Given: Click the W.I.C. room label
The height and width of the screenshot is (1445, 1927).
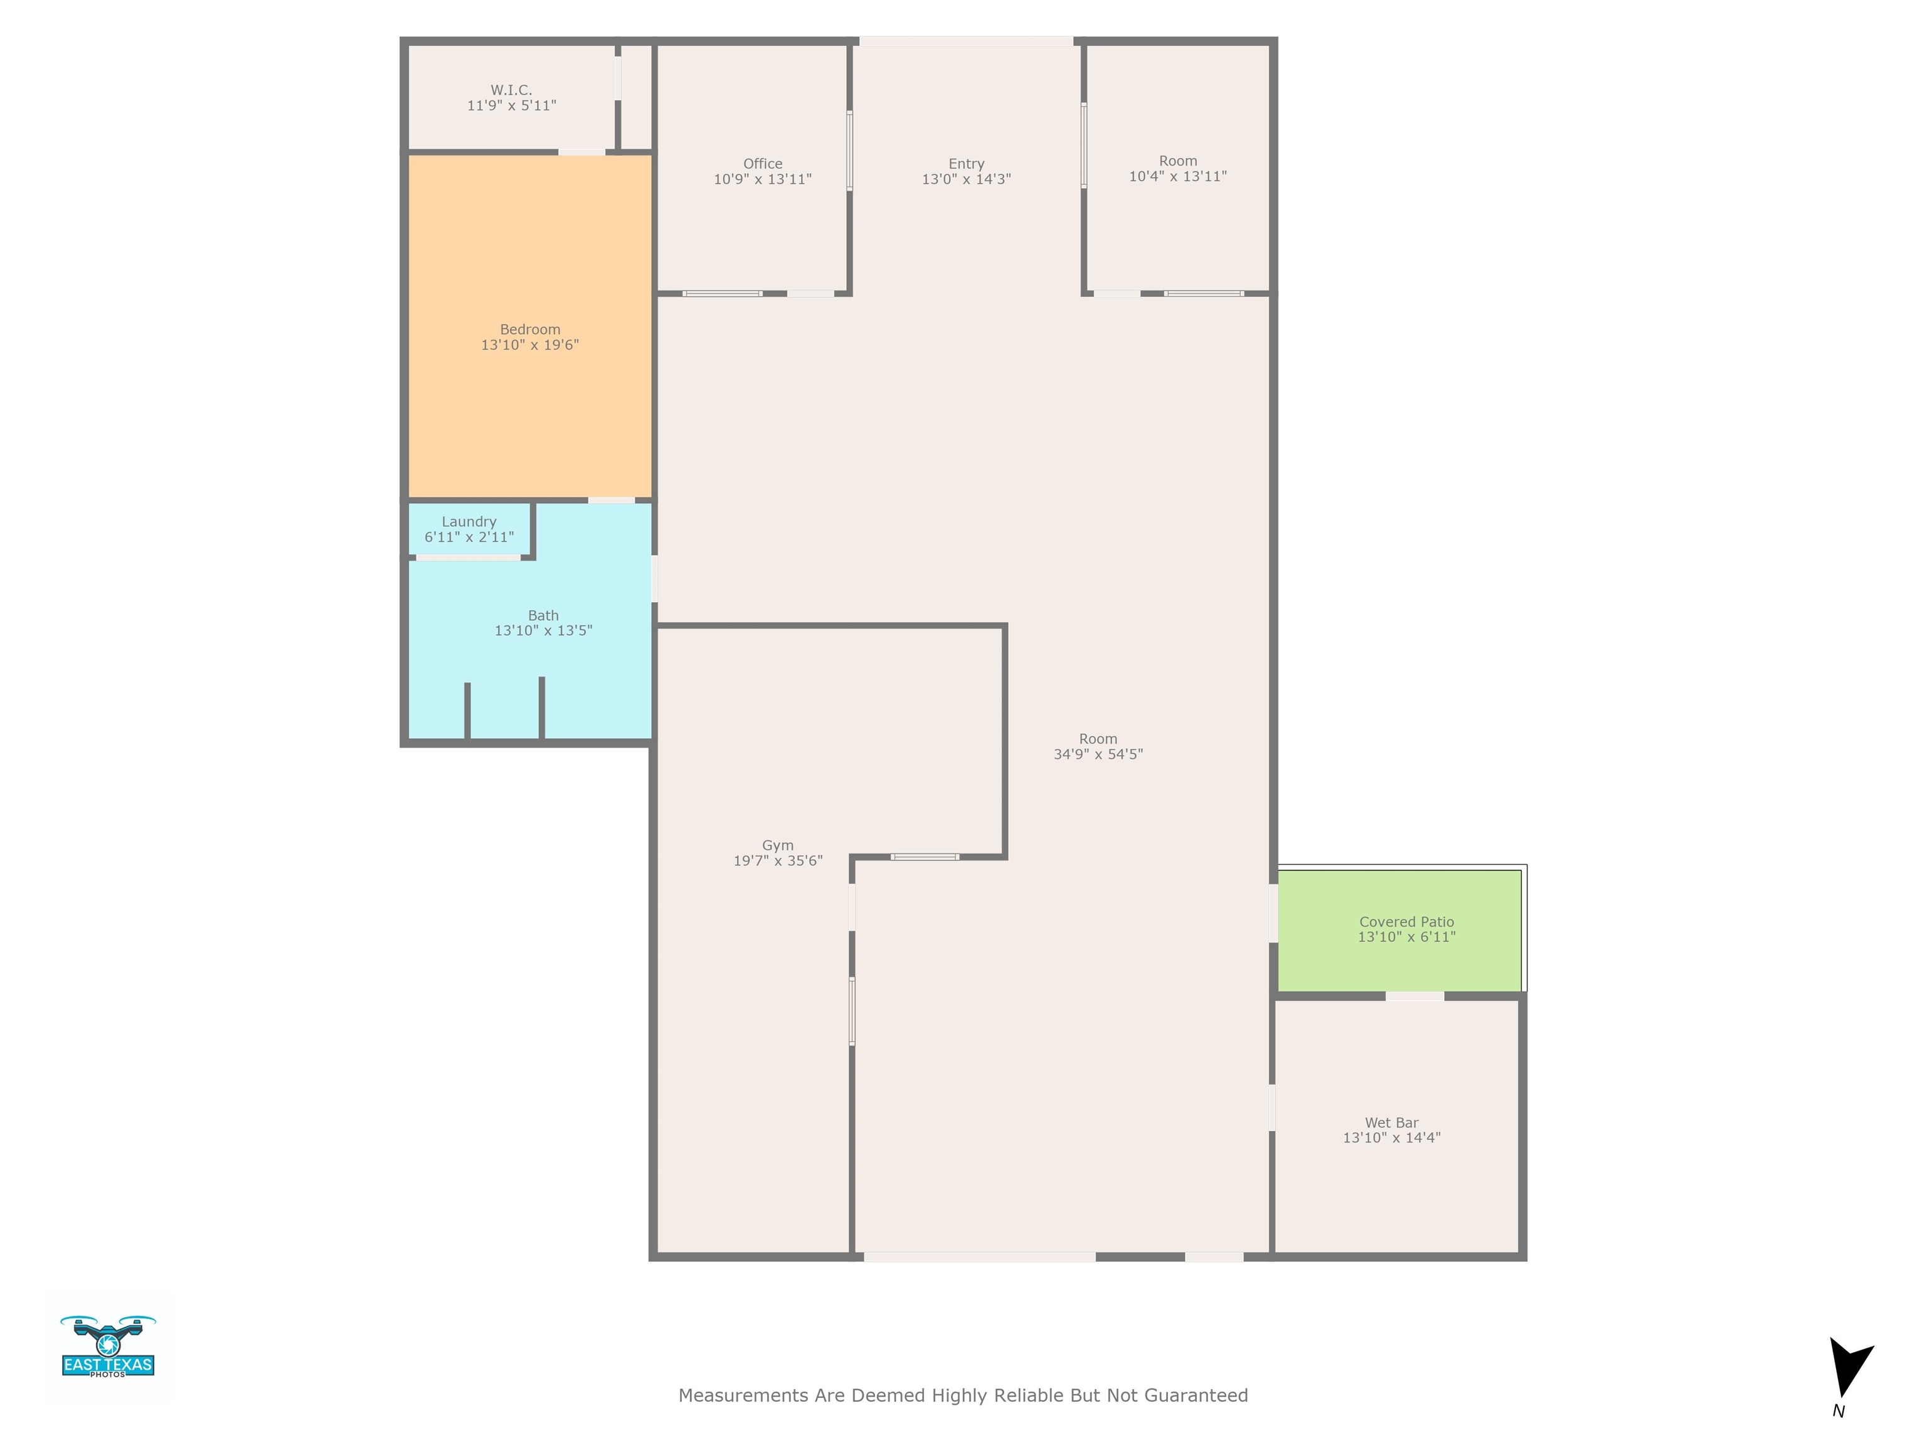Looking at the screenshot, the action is pyautogui.click(x=511, y=90).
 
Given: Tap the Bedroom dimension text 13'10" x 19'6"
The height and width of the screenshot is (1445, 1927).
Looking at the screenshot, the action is pyautogui.click(x=529, y=345).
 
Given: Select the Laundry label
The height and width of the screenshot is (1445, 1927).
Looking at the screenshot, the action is pyautogui.click(x=469, y=522).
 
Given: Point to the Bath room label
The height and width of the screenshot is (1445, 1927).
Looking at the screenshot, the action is pyautogui.click(x=543, y=616).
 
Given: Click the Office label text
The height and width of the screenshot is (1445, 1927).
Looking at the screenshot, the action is pyautogui.click(x=762, y=164).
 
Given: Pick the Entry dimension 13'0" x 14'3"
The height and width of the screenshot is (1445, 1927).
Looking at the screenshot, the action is pyautogui.click(x=966, y=179).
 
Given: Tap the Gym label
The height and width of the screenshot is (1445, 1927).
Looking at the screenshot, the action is pyautogui.click(x=778, y=846).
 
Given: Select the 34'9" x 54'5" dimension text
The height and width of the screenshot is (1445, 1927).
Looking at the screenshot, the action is pyautogui.click(x=1098, y=754).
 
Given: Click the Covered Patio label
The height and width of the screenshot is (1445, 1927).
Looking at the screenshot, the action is pyautogui.click(x=1406, y=921).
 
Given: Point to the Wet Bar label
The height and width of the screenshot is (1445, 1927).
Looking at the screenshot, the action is pyautogui.click(x=1391, y=1123).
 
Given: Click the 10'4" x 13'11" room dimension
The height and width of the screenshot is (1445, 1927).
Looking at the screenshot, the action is pyautogui.click(x=1178, y=177).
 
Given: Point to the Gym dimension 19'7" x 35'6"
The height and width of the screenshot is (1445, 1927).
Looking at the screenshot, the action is pyautogui.click(x=778, y=860).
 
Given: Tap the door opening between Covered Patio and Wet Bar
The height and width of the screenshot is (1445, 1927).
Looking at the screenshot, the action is pyautogui.click(x=1414, y=995).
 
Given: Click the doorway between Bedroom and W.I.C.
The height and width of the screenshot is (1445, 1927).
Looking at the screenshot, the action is pyautogui.click(x=582, y=152).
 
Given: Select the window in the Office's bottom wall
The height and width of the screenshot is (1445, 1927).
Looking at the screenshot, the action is pyautogui.click(x=722, y=294).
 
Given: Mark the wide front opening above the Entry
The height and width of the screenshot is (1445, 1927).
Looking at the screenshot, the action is pyautogui.click(x=966, y=41).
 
